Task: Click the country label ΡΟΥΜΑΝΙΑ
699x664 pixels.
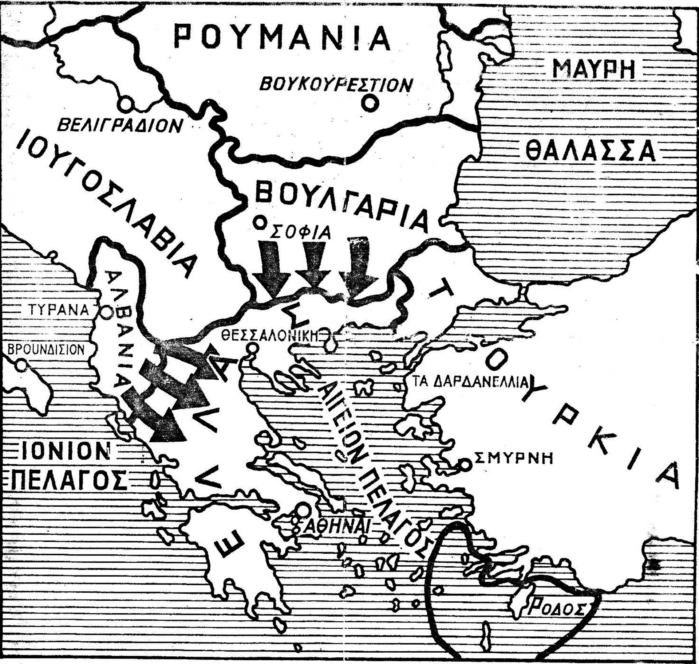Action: click(282, 38)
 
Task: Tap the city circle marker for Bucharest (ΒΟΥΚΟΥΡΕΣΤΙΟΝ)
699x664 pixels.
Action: click(370, 103)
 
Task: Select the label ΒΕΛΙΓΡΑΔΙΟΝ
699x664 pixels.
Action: click(120, 126)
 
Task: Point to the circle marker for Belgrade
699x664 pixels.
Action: click(126, 104)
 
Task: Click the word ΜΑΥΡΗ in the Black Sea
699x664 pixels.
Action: click(594, 69)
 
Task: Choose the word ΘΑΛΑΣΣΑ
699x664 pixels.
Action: click(590, 151)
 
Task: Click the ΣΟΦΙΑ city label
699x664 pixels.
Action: click(301, 233)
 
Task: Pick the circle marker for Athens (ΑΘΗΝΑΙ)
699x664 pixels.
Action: click(303, 509)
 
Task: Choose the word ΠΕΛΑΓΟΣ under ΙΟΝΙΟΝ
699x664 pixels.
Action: click(69, 481)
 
